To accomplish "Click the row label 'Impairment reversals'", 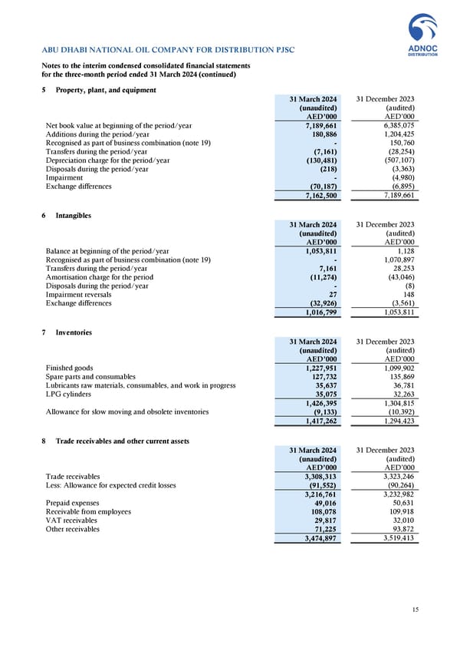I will click(x=78, y=294).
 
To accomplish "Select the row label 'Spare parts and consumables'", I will click(x=90, y=377).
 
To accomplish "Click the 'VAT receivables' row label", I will click(x=74, y=520).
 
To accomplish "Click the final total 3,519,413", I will click(x=398, y=538).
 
